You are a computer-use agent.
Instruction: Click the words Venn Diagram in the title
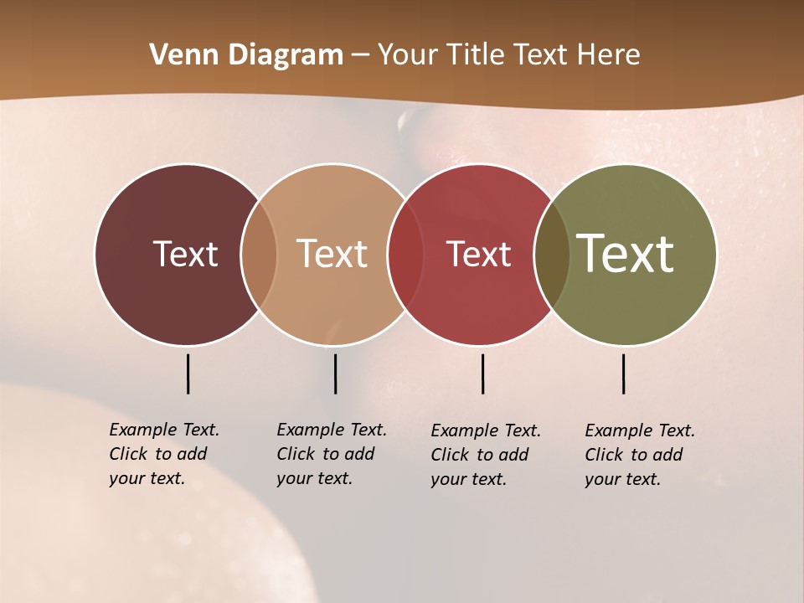tap(246, 55)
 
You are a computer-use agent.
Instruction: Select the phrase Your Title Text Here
tap(508, 55)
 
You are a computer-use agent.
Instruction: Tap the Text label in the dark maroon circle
tap(185, 254)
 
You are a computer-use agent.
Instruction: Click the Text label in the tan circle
tap(332, 254)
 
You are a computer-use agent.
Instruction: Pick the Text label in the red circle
tap(478, 254)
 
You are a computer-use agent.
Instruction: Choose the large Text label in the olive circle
tap(626, 254)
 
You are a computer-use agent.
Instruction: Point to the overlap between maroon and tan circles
tap(259, 255)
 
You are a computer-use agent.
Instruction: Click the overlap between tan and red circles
tap(405, 255)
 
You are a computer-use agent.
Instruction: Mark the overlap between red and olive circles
tap(552, 255)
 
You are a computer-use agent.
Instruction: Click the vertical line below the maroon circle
tap(188, 374)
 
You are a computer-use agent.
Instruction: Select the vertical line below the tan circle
tap(335, 374)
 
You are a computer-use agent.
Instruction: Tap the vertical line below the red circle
tap(482, 374)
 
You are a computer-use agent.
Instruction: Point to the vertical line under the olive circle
tap(624, 374)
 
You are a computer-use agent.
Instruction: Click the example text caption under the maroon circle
tap(163, 454)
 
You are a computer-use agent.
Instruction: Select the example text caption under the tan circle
tap(331, 454)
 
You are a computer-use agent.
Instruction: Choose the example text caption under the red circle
tap(485, 455)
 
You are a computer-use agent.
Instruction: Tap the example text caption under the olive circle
tap(639, 455)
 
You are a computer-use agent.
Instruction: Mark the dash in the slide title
tap(360, 56)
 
